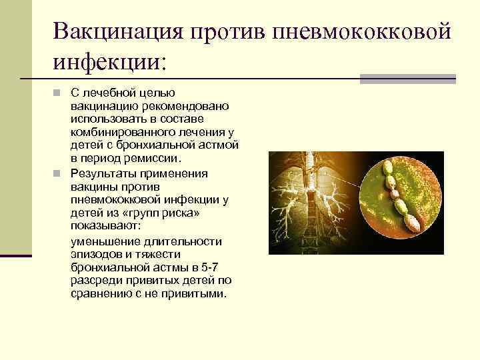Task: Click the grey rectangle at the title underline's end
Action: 407,78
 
